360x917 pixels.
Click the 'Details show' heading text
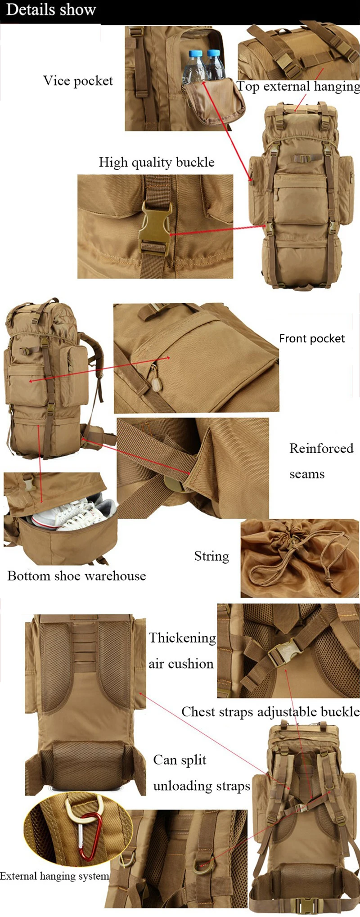pyautogui.click(x=51, y=10)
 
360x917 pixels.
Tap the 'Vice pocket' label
pyautogui.click(x=78, y=81)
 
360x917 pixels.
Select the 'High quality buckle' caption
pyautogui.click(x=157, y=162)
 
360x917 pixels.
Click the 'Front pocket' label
pyautogui.click(x=312, y=339)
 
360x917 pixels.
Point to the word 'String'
pyautogui.click(x=211, y=556)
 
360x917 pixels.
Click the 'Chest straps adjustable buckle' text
pyautogui.click(x=270, y=712)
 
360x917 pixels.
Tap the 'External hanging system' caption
pyautogui.click(x=54, y=876)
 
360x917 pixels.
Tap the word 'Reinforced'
pyautogui.click(x=321, y=448)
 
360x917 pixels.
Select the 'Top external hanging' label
pyautogui.click(x=298, y=86)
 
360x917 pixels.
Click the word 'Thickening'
pyautogui.click(x=182, y=638)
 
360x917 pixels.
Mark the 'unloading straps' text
pyautogui.click(x=202, y=786)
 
